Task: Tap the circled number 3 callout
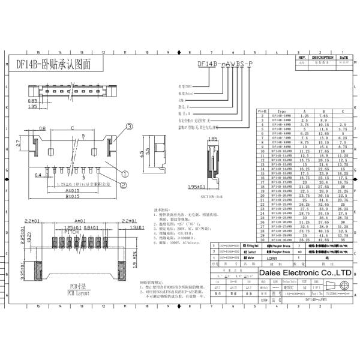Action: click(x=112, y=127)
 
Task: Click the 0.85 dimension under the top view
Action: click(x=34, y=101)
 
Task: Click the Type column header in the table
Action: click(x=281, y=111)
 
